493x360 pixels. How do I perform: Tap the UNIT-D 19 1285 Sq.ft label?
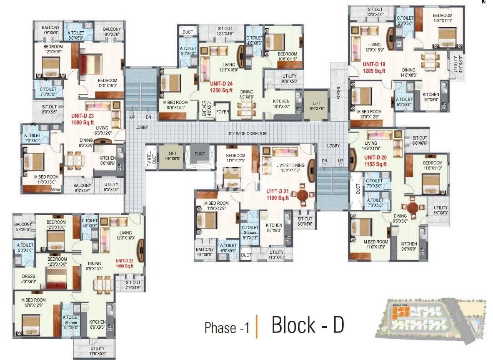point(374,68)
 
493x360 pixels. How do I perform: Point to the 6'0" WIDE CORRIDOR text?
point(248,133)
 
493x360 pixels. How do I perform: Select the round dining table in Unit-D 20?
point(413,207)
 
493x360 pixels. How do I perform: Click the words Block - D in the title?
point(308,325)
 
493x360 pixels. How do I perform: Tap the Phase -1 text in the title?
point(227,328)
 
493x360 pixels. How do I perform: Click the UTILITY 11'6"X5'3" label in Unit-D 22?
point(98,351)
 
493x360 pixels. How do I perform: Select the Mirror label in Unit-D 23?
point(55,190)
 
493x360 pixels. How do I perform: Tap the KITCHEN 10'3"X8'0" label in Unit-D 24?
point(281,104)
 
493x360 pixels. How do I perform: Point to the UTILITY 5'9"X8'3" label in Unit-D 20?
point(441,210)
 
